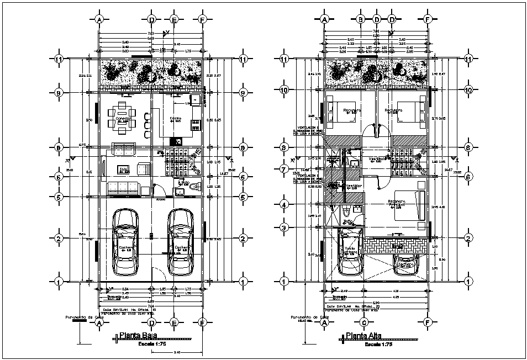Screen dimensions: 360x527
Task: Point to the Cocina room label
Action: [x=175, y=119]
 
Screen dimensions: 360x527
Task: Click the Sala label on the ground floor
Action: [x=124, y=169]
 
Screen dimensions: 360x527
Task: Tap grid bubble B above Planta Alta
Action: [x=360, y=19]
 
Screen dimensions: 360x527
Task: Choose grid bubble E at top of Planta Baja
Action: [x=175, y=19]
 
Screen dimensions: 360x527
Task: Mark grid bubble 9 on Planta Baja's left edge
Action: [x=59, y=92]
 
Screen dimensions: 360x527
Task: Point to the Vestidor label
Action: [x=354, y=186]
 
